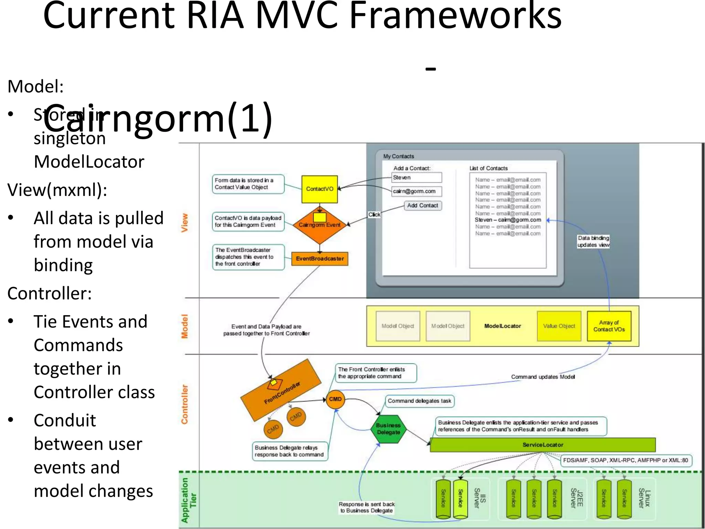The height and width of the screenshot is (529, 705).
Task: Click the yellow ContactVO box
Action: click(x=319, y=189)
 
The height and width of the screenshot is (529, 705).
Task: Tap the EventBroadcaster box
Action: click(x=320, y=259)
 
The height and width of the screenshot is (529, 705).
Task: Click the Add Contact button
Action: click(x=422, y=206)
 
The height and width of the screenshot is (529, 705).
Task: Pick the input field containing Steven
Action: click(x=417, y=178)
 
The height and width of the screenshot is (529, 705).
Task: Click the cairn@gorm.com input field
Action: click(x=417, y=191)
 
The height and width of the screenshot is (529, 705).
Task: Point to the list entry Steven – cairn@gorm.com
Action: click(x=508, y=220)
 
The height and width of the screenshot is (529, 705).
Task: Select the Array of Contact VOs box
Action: click(x=609, y=326)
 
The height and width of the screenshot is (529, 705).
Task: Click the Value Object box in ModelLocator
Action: click(x=559, y=326)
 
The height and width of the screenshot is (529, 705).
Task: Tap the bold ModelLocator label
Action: click(x=503, y=326)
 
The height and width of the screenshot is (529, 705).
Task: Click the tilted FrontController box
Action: click(x=281, y=391)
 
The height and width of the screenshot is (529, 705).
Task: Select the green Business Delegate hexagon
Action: click(x=388, y=429)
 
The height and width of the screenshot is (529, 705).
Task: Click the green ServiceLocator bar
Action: click(x=543, y=445)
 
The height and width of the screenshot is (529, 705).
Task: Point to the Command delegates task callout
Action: click(x=419, y=401)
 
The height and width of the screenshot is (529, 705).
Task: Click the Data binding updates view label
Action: click(x=593, y=241)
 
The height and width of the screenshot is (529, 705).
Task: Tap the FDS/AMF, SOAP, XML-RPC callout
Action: click(x=625, y=460)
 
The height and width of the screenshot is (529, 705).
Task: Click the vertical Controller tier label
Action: click(x=185, y=404)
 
